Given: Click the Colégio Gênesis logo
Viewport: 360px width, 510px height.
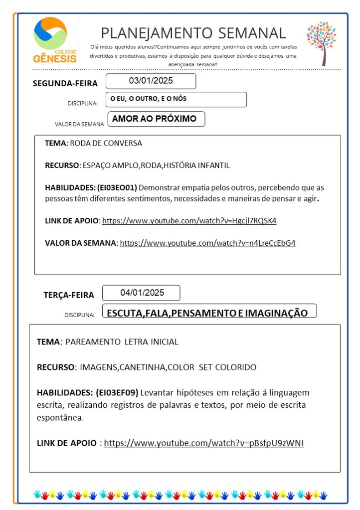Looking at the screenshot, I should point(55,40).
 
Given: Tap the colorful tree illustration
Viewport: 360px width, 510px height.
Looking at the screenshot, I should point(322,43).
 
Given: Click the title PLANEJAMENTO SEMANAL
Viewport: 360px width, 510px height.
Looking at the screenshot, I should point(193,33).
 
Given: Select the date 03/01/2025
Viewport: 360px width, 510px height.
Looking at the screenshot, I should point(151,81).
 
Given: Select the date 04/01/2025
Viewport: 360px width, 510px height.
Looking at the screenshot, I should point(142,293).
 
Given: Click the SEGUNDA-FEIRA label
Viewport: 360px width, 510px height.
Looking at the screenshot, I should point(65,83).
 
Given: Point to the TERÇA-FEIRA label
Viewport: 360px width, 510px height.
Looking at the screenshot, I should point(68,295).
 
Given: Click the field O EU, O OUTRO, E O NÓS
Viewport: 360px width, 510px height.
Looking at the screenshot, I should point(176,99).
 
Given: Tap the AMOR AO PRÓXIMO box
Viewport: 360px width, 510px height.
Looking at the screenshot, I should point(155,119).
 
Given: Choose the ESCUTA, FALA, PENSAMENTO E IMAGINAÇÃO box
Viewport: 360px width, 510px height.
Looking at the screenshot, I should point(208,313).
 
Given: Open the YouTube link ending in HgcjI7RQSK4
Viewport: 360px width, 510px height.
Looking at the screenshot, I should point(189,220).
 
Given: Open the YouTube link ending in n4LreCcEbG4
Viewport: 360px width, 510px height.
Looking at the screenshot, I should point(207,243).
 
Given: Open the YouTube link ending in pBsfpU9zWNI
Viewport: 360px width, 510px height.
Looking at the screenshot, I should point(203,443).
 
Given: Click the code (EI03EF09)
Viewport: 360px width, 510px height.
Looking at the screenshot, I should point(117,392).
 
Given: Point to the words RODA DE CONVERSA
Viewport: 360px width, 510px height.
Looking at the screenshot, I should point(106,144).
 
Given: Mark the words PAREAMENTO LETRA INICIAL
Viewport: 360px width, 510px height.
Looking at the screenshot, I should point(122,342).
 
